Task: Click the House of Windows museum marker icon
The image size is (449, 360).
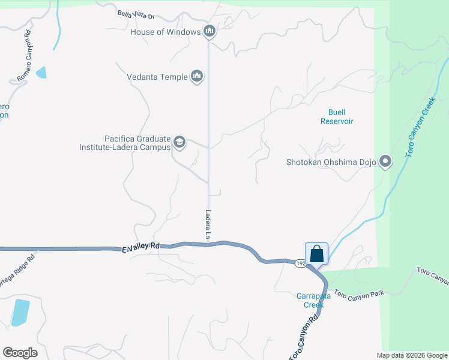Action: (209, 31)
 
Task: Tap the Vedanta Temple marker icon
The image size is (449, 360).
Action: (197, 77)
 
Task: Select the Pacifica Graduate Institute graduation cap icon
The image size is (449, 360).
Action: (179, 142)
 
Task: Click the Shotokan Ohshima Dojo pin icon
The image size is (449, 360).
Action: (385, 162)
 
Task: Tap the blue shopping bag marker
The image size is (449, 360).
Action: (316, 253)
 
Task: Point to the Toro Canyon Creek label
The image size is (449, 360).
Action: (420, 129)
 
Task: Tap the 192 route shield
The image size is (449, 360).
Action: (301, 263)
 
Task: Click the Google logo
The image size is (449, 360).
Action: (20, 353)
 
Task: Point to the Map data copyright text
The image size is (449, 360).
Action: (411, 355)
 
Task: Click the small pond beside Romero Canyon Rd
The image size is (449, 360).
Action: (41, 73)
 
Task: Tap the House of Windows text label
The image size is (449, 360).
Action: (165, 32)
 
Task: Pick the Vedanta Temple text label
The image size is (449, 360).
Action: (157, 77)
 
